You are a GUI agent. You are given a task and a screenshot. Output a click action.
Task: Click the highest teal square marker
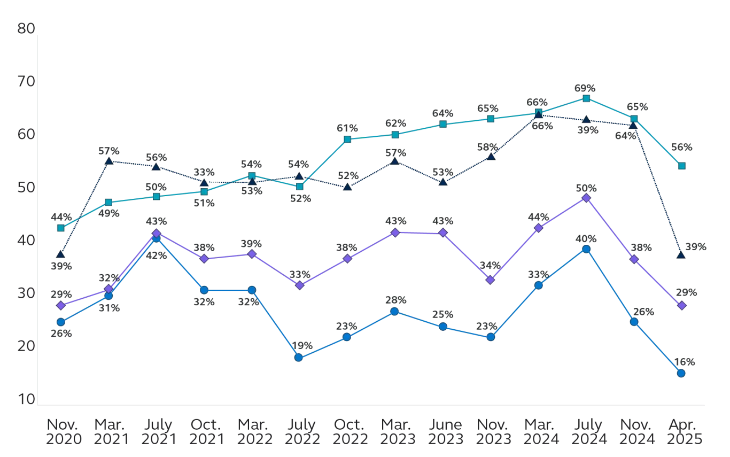coord(586,98)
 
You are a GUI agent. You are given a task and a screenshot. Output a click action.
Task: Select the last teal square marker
coord(681,166)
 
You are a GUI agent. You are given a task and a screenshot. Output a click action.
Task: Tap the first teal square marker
coord(60,228)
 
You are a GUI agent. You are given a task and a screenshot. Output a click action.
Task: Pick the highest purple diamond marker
coord(586,198)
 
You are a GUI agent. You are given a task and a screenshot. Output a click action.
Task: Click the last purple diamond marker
coord(681,305)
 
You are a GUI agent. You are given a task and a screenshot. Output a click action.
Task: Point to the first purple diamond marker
coord(60,305)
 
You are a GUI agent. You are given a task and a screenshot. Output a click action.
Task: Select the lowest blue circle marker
coord(681,373)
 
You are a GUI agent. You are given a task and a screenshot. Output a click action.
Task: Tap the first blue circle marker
coord(60,322)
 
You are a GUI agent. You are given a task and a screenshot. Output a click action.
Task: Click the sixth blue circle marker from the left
coord(299,358)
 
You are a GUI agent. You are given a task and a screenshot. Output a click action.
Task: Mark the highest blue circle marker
coord(156,238)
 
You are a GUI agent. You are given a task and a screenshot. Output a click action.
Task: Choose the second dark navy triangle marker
coord(108,161)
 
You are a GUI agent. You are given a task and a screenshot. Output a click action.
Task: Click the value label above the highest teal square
coord(586,87)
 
